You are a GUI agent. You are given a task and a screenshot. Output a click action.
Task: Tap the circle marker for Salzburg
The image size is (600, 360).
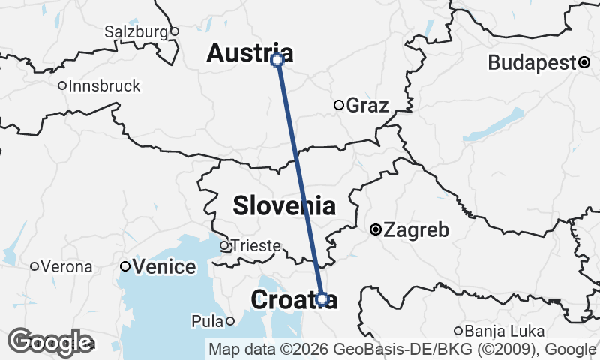[174, 31]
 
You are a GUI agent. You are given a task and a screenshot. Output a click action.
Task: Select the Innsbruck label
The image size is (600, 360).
[103, 85]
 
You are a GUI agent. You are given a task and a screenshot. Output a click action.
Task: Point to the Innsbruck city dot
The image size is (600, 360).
[62, 85]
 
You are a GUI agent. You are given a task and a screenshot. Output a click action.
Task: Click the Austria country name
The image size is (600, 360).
[250, 52]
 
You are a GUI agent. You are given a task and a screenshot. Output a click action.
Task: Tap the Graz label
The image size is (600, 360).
[367, 105]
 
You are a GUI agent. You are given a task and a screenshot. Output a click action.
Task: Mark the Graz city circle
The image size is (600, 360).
[339, 105]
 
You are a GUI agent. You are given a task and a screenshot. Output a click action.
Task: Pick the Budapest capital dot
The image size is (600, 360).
[583, 63]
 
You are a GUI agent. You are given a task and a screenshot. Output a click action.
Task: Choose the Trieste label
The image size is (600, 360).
[255, 245]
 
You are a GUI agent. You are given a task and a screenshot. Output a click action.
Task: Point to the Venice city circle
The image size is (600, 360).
[125, 266]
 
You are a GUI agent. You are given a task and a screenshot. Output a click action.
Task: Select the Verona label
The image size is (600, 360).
[67, 266]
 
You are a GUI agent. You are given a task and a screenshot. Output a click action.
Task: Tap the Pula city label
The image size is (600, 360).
[207, 321]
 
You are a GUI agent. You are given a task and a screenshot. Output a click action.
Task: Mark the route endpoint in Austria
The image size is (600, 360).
[277, 59]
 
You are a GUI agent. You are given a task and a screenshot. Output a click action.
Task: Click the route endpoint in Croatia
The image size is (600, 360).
[322, 299]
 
